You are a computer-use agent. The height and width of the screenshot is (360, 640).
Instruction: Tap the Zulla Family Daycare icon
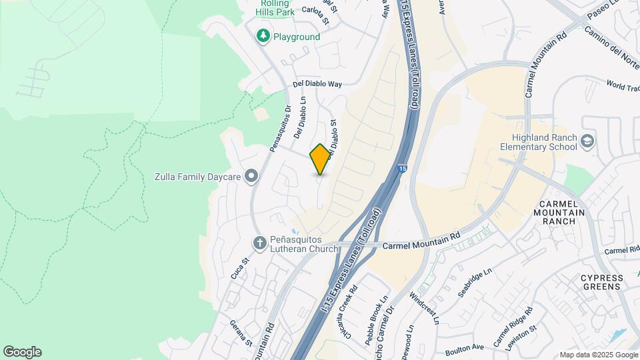click(251, 176)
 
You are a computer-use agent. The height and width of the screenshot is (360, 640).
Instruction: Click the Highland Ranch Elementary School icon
click(587, 141)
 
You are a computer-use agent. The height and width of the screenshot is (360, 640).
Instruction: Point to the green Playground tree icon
click(263, 37)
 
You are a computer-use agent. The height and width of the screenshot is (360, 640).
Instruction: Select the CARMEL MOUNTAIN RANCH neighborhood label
click(563, 212)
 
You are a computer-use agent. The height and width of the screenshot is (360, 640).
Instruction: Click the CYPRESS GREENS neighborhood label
click(602, 282)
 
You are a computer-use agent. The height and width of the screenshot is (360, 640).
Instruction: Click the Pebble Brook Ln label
click(376, 321)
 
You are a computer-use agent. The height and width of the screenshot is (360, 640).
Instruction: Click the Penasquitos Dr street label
click(281, 129)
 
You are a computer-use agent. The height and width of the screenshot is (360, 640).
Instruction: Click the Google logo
click(22, 352)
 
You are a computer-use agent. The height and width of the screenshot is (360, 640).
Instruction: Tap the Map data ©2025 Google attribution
click(598, 355)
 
